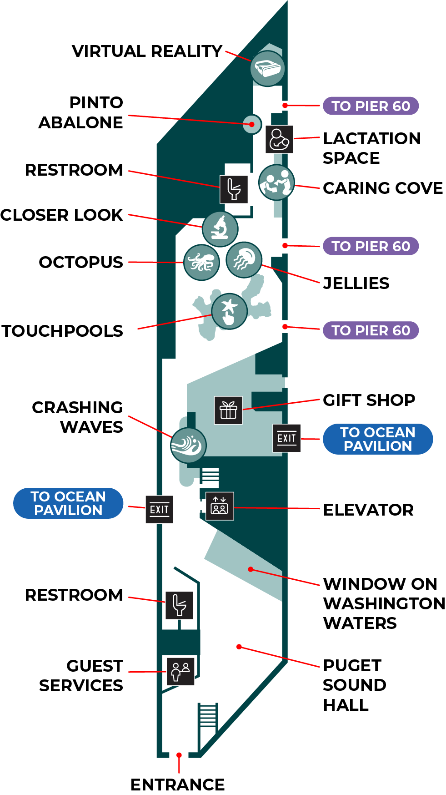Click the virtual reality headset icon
[268, 68]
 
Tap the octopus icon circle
[201, 263]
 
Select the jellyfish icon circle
[244, 260]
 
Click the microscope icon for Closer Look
[220, 229]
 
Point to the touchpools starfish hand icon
[230, 311]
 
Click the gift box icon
[228, 410]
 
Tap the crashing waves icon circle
[189, 446]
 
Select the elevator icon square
[220, 506]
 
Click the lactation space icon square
[279, 139]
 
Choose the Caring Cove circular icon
[276, 182]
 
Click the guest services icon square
[180, 671]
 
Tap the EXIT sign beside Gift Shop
[286, 438]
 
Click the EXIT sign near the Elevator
[160, 510]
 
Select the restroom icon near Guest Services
[180, 605]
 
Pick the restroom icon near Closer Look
[234, 189]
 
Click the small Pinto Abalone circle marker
[252, 124]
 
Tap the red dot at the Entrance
[179, 755]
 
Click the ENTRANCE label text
[178, 785]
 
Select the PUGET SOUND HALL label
[355, 685]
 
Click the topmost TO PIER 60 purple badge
[371, 106]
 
